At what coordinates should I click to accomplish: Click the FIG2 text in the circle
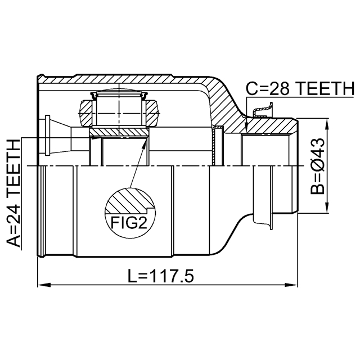point(129,223)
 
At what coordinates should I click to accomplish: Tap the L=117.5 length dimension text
point(161,276)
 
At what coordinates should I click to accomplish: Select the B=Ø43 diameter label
point(317,166)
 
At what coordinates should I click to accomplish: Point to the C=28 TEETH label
point(300,88)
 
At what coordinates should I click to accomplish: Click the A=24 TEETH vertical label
point(13,193)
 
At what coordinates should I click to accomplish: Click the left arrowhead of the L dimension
point(44,285)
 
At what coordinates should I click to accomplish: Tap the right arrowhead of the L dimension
point(291,285)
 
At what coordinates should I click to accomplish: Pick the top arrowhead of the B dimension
point(327,125)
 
